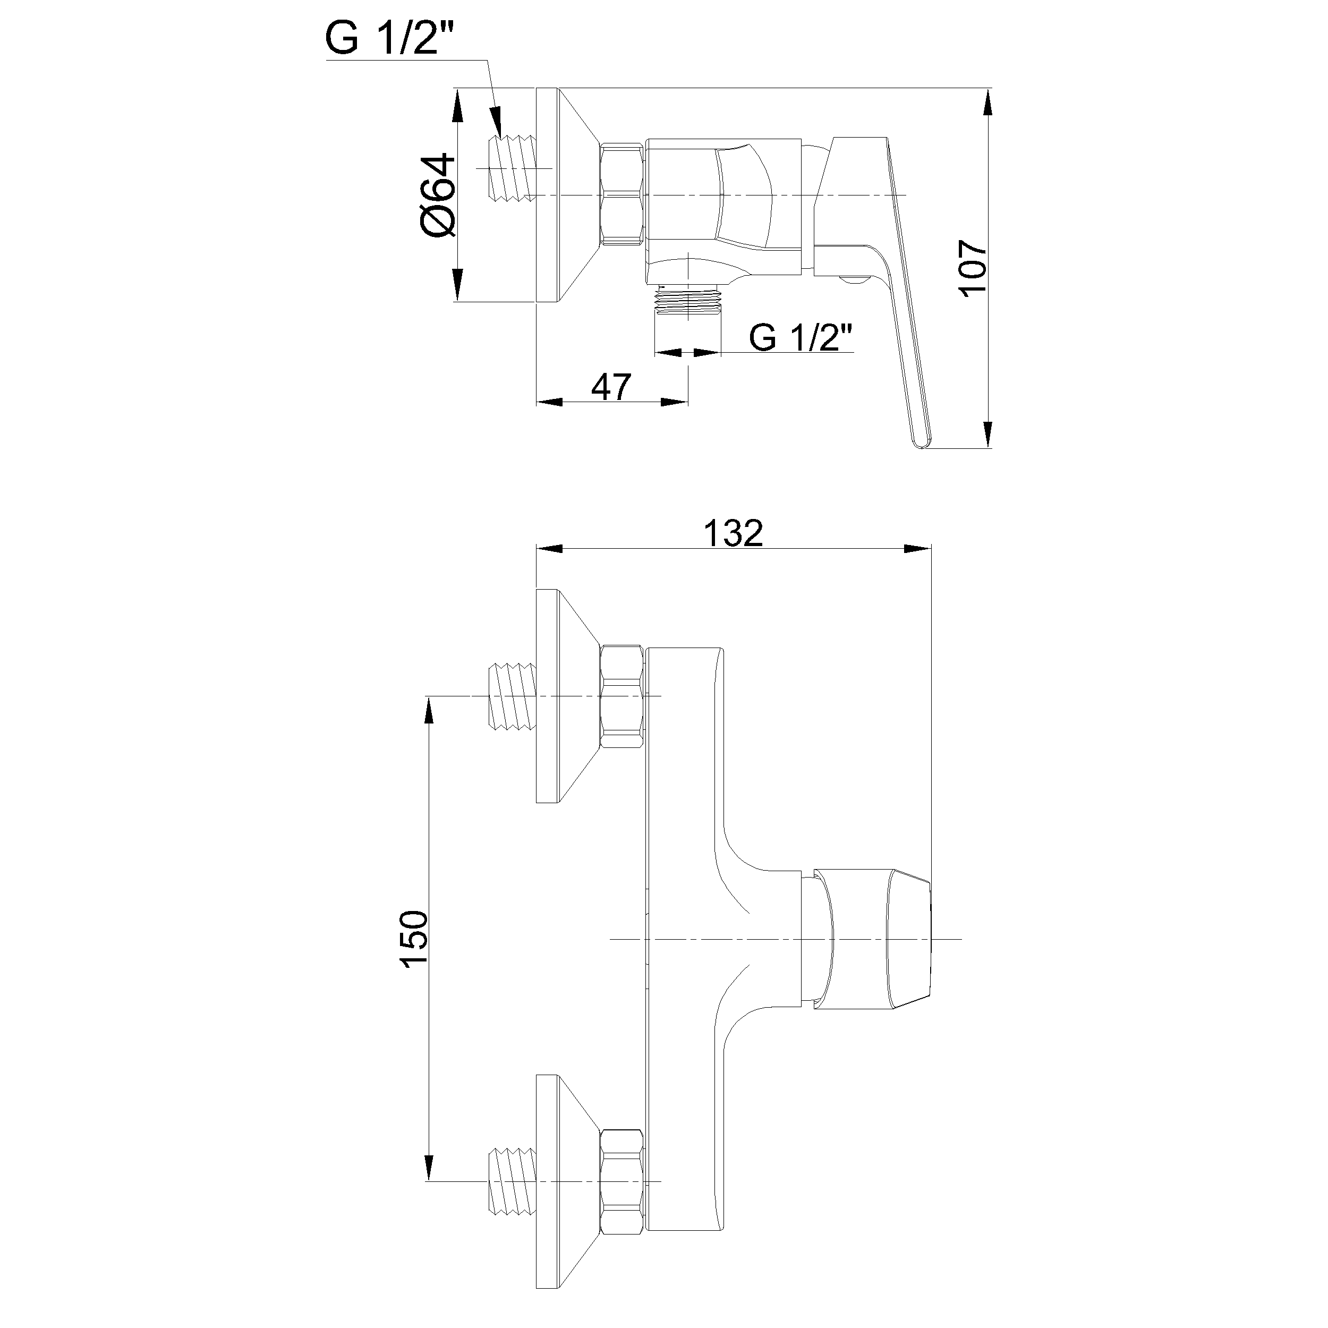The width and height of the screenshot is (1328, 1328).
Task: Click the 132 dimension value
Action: (x=734, y=534)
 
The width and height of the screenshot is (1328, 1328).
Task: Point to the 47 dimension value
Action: (x=611, y=388)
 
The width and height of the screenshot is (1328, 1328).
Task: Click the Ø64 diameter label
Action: (x=438, y=196)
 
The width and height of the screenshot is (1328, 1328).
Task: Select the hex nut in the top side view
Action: (x=623, y=194)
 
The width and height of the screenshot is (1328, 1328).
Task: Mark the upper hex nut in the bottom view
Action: (x=623, y=696)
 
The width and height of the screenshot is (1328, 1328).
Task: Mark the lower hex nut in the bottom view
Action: (x=623, y=1181)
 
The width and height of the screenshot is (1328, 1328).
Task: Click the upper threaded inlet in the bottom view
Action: (x=513, y=696)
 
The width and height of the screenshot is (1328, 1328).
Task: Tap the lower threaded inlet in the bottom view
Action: (x=513, y=1181)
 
